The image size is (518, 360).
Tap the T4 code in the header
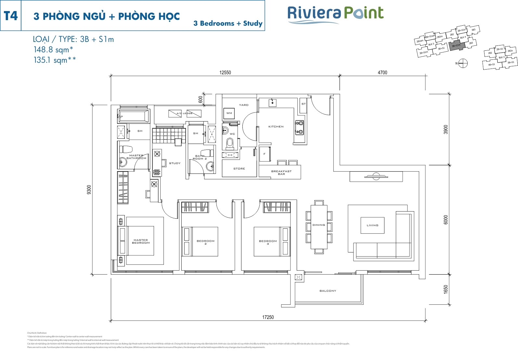11,16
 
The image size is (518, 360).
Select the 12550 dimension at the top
225,72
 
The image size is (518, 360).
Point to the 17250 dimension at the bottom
268,317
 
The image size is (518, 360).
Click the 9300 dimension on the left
89,190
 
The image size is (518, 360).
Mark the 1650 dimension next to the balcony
446,289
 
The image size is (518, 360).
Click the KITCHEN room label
276,127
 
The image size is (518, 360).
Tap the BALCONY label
328,291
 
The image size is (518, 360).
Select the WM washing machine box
229,113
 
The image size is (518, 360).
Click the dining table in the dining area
319,226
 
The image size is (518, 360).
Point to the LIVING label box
372,225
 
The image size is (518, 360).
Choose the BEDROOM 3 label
268,242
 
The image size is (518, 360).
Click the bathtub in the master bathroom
133,115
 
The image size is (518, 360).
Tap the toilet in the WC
230,143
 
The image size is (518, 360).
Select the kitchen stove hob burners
299,127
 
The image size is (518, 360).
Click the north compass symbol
463,63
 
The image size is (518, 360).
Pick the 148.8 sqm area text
53,50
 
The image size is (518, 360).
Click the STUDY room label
175,163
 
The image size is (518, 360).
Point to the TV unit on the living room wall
376,177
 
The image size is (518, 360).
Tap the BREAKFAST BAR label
281,173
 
